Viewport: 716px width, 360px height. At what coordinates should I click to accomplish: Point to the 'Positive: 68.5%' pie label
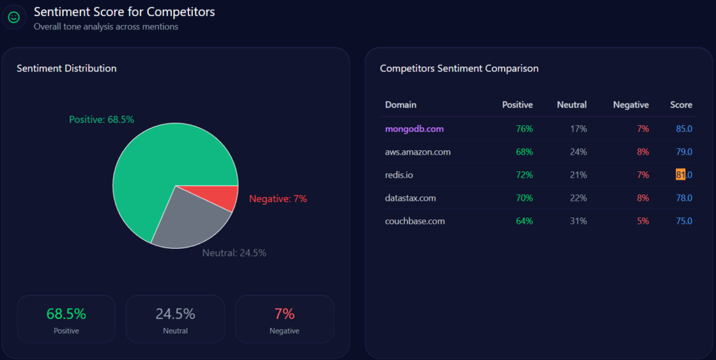[101, 120]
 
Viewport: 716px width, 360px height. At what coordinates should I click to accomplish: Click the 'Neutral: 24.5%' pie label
[234, 252]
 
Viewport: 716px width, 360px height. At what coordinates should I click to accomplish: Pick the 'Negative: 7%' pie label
[278, 199]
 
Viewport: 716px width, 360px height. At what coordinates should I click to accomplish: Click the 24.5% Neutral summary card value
[175, 314]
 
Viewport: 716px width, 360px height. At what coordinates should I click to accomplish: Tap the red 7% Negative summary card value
[284, 314]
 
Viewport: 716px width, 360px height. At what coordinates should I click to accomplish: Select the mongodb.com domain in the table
[414, 129]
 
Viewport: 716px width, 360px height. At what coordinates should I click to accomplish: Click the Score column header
[681, 105]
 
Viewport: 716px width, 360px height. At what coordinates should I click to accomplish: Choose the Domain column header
[401, 105]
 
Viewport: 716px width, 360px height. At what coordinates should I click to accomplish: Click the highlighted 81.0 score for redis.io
[683, 175]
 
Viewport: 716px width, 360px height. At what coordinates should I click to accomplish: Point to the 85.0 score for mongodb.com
[683, 129]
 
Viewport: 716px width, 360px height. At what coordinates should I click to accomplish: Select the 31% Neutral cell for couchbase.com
[578, 221]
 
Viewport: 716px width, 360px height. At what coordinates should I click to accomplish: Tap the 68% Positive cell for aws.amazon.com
[524, 152]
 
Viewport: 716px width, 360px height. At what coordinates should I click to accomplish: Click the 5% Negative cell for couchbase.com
[642, 221]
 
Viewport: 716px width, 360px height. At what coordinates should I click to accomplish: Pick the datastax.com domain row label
[410, 198]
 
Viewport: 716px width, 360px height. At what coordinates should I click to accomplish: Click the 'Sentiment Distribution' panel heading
[66, 69]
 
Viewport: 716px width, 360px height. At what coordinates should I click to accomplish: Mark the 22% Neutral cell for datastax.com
[578, 198]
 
